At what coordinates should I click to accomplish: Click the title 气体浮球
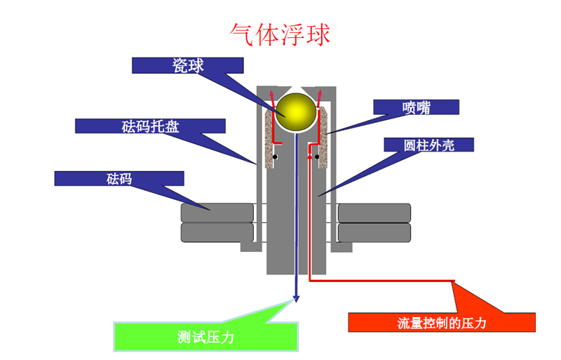click(x=280, y=34)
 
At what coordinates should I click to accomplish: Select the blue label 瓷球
click(x=188, y=65)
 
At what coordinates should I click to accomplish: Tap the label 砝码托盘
click(x=150, y=126)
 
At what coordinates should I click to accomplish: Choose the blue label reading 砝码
click(x=119, y=178)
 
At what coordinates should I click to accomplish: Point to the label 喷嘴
click(x=416, y=107)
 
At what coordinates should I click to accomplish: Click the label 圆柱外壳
click(x=429, y=145)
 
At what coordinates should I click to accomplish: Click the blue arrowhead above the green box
click(x=297, y=298)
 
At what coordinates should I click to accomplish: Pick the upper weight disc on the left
click(x=217, y=212)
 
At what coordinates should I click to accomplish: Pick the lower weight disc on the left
click(x=217, y=232)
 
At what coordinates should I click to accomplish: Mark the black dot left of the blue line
click(x=277, y=156)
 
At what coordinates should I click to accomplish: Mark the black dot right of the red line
click(x=317, y=156)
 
